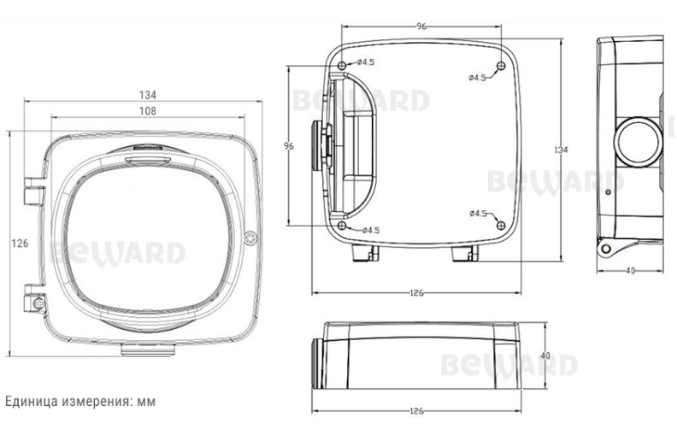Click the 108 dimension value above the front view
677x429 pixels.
[x=147, y=111]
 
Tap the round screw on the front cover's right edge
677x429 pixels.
[x=250, y=238]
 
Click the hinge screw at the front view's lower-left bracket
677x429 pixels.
[x=38, y=303]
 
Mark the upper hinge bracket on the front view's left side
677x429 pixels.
[x=33, y=191]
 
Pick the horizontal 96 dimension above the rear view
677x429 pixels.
[x=421, y=26]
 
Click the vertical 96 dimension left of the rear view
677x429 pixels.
[x=289, y=146]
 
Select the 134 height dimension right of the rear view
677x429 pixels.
[x=561, y=150]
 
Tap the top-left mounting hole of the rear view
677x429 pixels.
[x=342, y=66]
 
